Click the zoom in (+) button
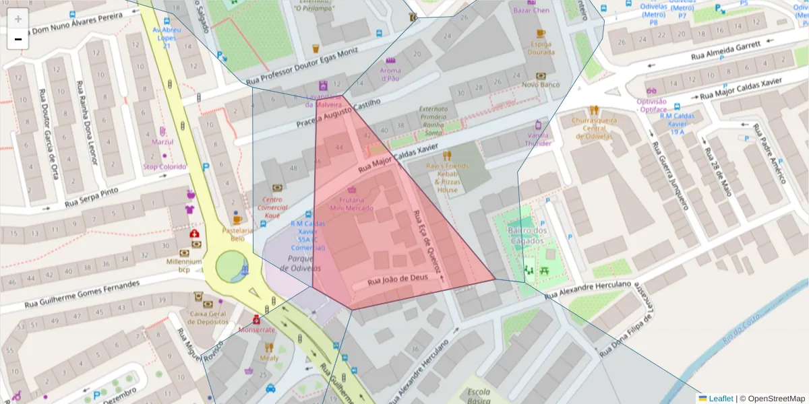(18, 19)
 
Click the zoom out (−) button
(18, 39)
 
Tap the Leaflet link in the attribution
(721, 399)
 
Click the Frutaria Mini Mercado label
(351, 204)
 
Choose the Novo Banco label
(541, 84)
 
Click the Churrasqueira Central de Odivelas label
(593, 128)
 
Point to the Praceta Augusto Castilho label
(338, 113)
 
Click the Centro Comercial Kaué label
(272, 207)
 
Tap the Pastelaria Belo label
(237, 234)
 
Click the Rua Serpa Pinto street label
(91, 197)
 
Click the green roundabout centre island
(229, 267)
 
